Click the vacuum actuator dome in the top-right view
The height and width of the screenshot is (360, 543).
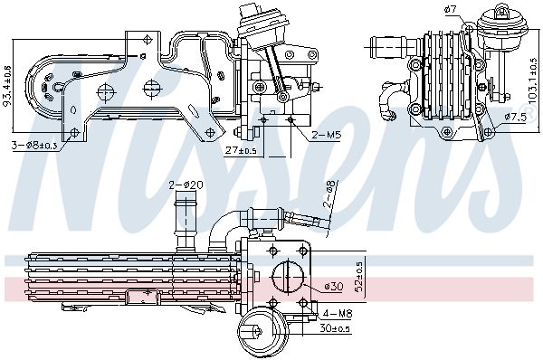(496, 18)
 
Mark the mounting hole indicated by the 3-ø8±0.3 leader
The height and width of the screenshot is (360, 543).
(59, 89)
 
